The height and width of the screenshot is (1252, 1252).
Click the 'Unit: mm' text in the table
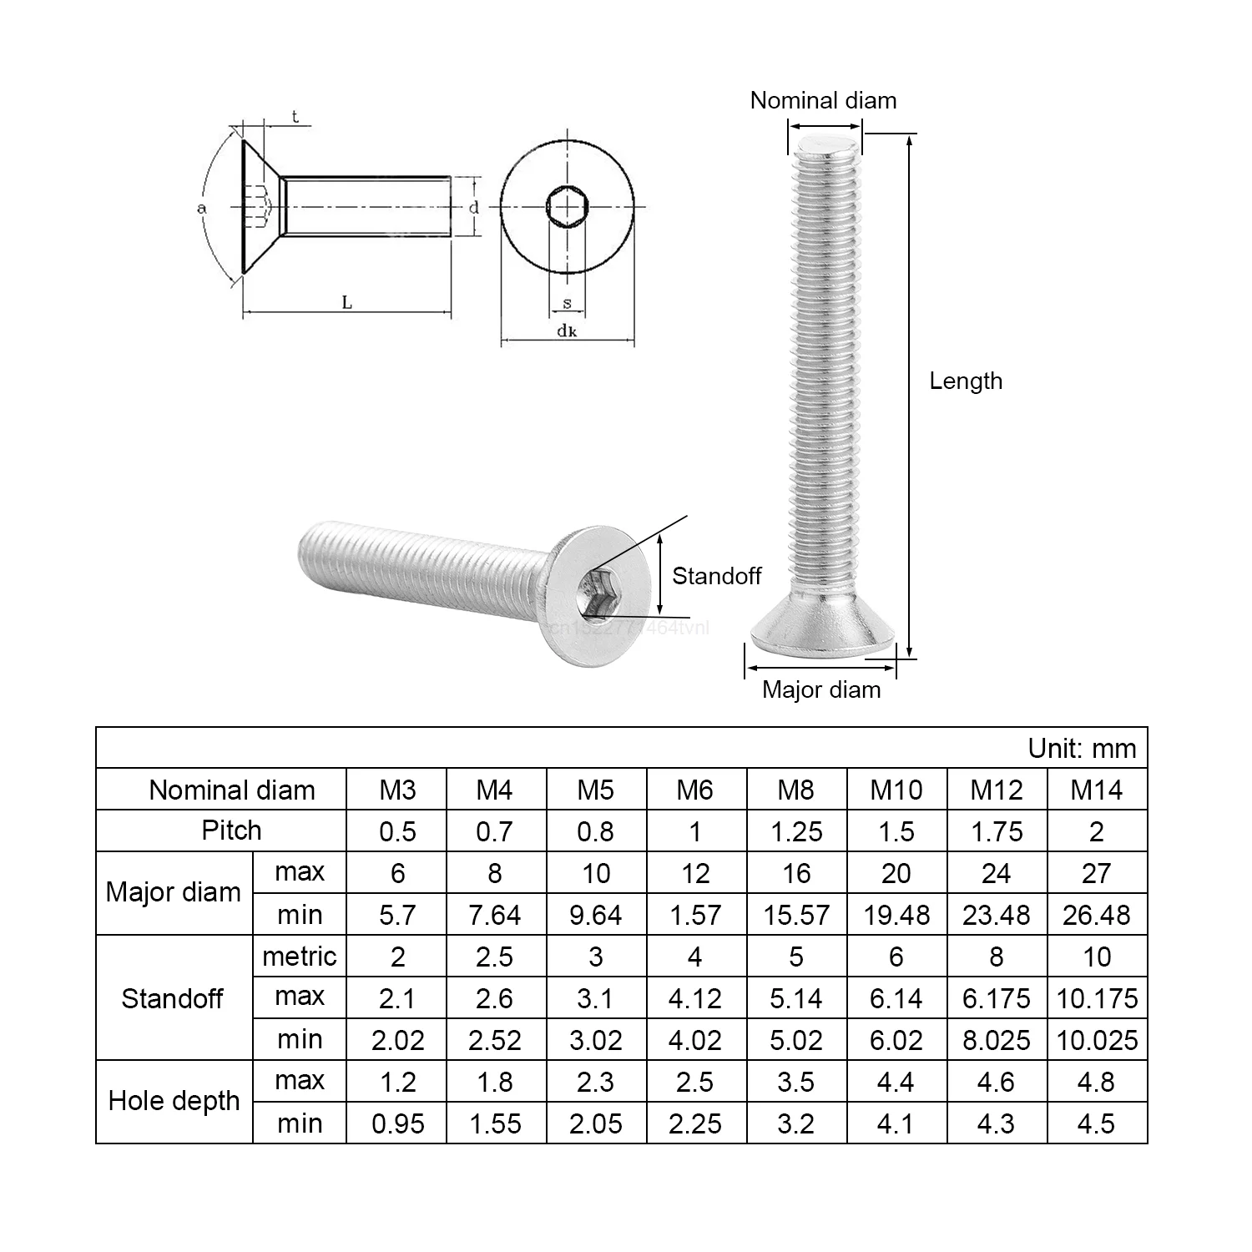coord(1082,748)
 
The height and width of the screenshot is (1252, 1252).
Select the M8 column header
coord(795,790)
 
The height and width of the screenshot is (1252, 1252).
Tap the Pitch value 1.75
coord(997,831)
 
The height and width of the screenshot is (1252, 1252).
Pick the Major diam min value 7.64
coord(495,915)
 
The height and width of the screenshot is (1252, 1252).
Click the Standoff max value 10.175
coord(1097,998)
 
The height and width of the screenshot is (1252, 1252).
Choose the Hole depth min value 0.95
coord(397,1123)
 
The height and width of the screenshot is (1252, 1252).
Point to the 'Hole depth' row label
coord(174,1101)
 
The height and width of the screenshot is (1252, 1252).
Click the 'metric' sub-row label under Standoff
coord(299,957)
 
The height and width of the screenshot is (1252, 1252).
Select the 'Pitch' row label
coord(231,830)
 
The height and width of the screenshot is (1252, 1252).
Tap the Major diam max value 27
coord(1097,873)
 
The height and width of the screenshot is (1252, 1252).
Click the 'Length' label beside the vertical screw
coord(966,381)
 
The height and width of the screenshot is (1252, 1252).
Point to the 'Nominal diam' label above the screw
coord(823,100)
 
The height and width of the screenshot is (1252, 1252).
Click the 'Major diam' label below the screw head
coord(821,689)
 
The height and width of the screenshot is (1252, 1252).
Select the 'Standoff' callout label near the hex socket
coord(716,576)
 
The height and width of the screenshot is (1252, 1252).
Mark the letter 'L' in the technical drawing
coord(347,303)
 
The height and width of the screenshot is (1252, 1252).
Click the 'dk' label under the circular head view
coord(568,331)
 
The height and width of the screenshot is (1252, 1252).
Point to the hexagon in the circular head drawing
coord(568,206)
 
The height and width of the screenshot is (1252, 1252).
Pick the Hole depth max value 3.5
coord(795,1082)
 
